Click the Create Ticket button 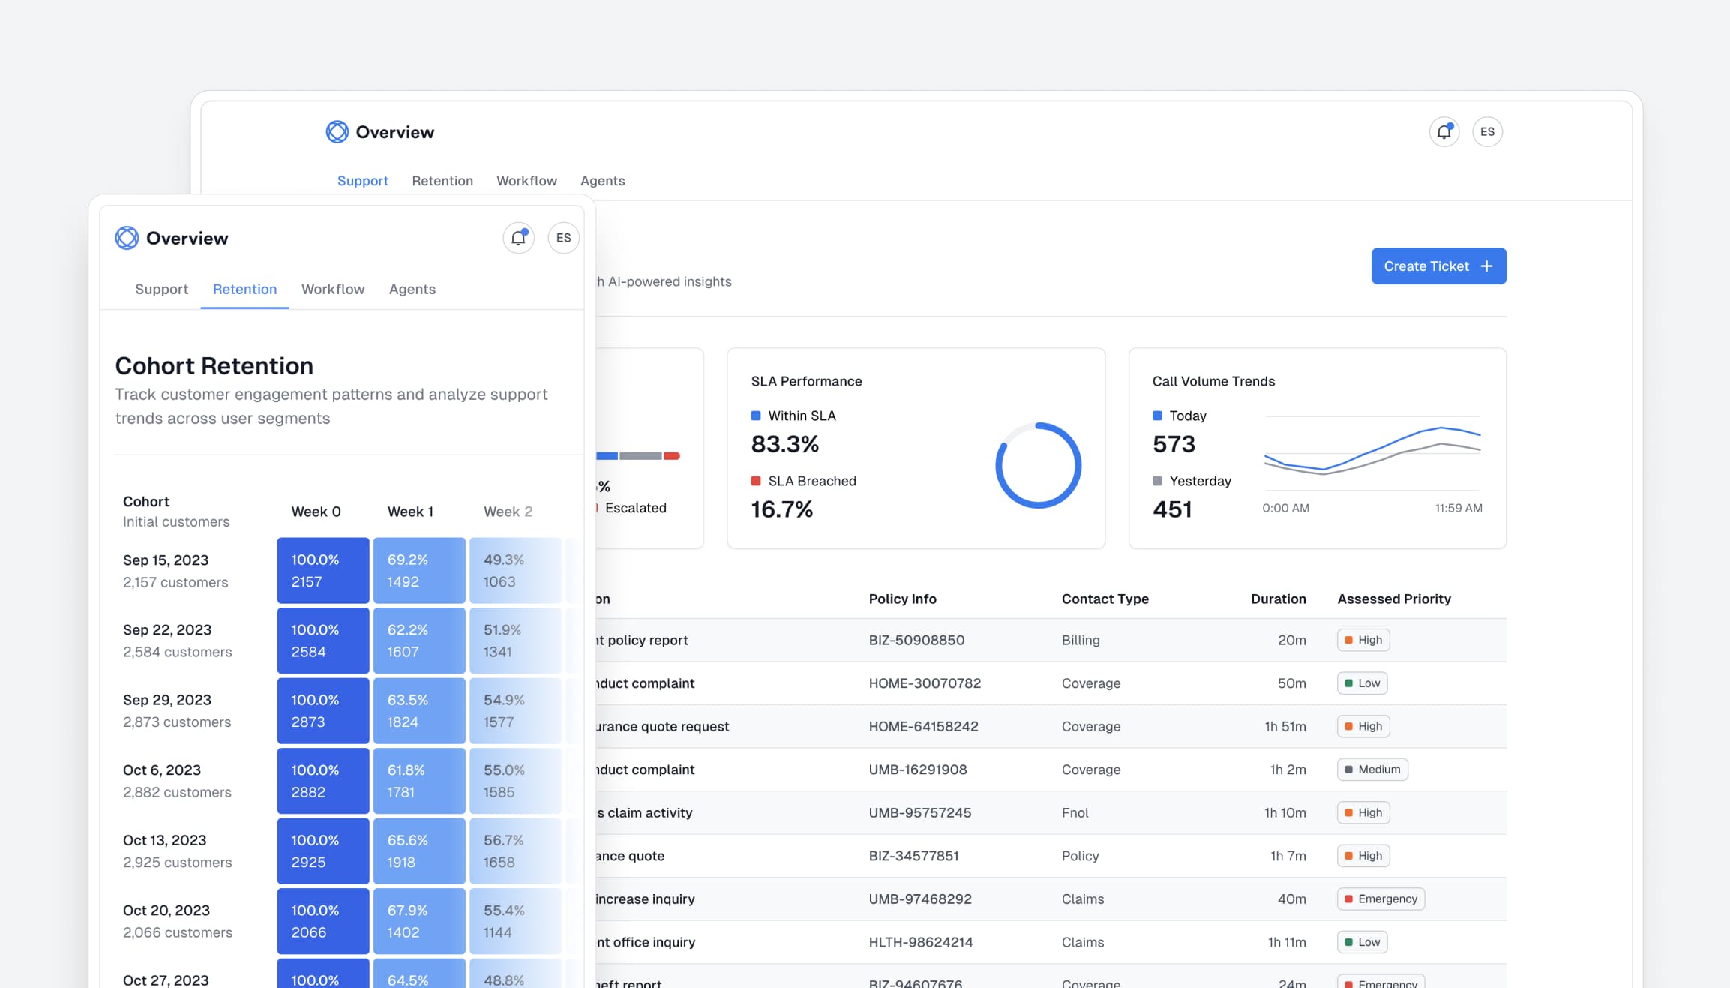point(1438,266)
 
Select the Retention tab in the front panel point(244,290)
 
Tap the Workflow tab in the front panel point(333,290)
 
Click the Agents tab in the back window point(602,181)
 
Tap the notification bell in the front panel point(518,238)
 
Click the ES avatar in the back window point(1486,132)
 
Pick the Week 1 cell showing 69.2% point(419,570)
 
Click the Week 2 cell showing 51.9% point(515,641)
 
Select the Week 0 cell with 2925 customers point(323,851)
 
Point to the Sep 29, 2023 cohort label point(167,700)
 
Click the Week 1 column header point(410,512)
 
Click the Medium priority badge point(1372,770)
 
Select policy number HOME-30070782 point(925,683)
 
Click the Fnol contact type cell point(1075,812)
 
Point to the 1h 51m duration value point(1285,726)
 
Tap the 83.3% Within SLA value point(784,444)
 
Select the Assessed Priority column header point(1393,599)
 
